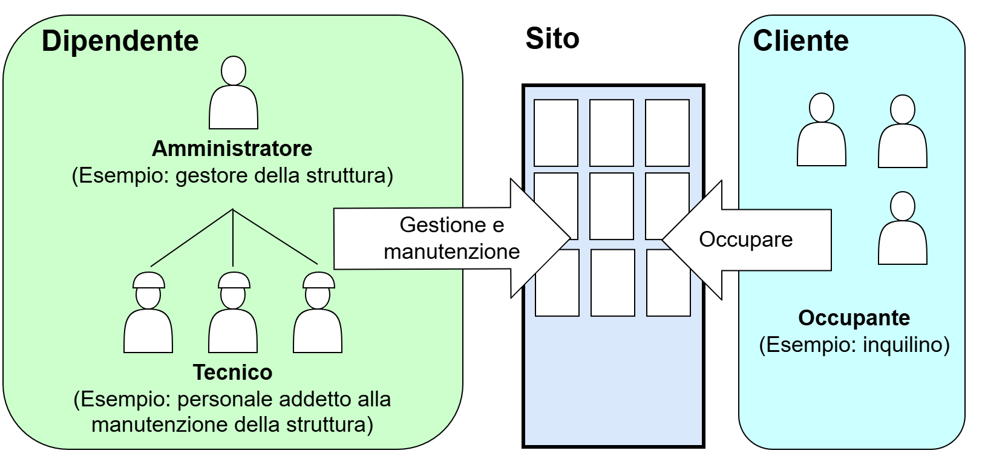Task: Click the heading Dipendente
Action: click(120, 41)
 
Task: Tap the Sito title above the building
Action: click(552, 39)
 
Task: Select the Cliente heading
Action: click(800, 41)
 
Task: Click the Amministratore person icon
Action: click(234, 94)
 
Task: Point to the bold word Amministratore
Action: click(232, 148)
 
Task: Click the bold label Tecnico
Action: click(233, 372)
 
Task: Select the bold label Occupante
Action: click(854, 317)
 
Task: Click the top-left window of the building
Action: click(556, 133)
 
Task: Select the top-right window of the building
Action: click(667, 133)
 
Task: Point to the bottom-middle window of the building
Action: click(612, 282)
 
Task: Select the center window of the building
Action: click(612, 206)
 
